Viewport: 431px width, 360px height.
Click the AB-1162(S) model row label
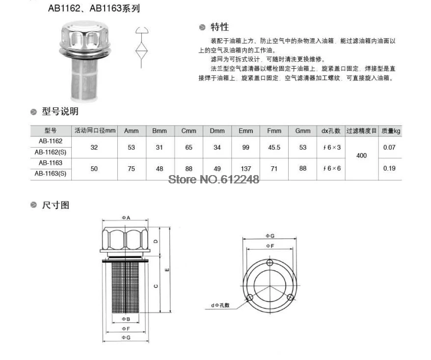coord(51,152)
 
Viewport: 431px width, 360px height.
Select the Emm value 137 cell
coord(246,169)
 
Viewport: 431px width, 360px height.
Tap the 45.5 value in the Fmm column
coord(274,148)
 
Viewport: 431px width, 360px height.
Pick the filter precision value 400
coord(361,155)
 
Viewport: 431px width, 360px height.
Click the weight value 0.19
coord(389,168)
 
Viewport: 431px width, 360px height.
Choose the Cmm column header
coord(189,131)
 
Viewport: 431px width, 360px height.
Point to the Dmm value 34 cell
coord(217,148)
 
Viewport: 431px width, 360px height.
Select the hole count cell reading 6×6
coord(332,168)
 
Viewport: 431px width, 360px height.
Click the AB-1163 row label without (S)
coord(51,163)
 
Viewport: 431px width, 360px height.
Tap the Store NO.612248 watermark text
coord(214,180)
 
